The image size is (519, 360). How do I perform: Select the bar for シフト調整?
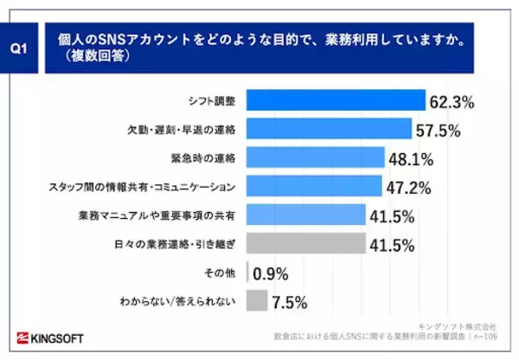(336, 100)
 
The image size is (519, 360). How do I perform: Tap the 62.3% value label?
(452, 102)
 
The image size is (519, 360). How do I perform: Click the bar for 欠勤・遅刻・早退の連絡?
(329, 129)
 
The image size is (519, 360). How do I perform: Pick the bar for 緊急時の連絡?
(315, 157)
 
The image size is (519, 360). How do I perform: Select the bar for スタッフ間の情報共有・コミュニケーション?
(314, 186)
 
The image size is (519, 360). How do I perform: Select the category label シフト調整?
(213, 101)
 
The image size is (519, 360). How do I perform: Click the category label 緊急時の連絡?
(206, 158)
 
